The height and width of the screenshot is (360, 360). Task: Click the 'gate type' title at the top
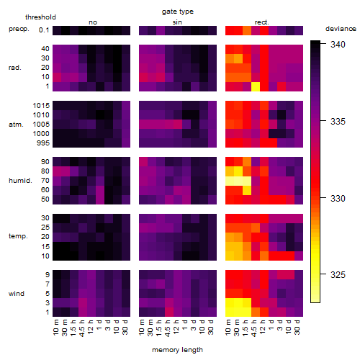click(178, 12)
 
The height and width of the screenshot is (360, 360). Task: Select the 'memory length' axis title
click(177, 350)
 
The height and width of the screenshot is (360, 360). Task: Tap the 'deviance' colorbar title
click(341, 29)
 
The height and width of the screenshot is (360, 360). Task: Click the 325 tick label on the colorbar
click(338, 275)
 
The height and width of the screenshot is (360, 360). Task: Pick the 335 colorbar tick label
click(338, 122)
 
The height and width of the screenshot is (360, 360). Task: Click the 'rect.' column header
click(262, 22)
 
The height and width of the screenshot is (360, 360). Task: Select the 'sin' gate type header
click(177, 22)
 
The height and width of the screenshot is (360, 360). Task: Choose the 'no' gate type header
click(93, 22)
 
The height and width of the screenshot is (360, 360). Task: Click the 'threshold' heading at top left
click(40, 17)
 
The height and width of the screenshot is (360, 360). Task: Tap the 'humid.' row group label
click(20, 181)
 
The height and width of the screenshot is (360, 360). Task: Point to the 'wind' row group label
click(17, 294)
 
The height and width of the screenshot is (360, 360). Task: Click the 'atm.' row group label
click(16, 125)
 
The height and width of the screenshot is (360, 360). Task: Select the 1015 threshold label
click(41, 106)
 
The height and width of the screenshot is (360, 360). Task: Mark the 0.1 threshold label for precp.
click(44, 30)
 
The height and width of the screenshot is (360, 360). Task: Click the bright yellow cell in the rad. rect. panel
click(256, 86)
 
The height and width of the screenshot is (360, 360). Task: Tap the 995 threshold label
click(43, 143)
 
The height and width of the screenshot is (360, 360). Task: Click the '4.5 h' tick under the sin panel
click(168, 328)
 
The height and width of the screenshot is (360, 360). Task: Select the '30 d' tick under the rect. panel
click(297, 328)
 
